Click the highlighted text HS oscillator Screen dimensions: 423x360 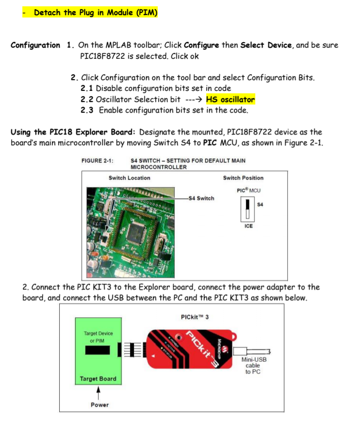tap(230, 100)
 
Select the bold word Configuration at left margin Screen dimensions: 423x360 tap(35, 45)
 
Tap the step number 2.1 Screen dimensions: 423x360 tap(87, 88)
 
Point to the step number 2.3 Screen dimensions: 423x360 tap(87, 110)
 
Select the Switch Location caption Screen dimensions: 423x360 tap(130, 178)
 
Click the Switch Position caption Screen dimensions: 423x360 tap(243, 178)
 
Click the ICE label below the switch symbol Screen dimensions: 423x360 tap(248, 226)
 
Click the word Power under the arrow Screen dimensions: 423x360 tap(99, 405)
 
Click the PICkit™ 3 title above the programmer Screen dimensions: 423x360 tap(195, 317)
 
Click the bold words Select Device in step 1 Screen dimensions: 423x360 tap(266, 45)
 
